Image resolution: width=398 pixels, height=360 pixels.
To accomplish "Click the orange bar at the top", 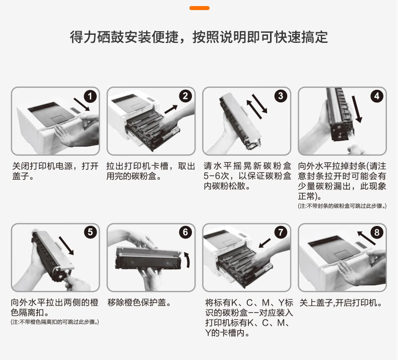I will pos(199,8).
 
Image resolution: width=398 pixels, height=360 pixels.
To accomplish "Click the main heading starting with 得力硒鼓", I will pos(199,37).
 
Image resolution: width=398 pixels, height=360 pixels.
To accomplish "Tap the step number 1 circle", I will pos(89,96).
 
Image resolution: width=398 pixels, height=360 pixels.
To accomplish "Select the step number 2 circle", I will pos(185,96).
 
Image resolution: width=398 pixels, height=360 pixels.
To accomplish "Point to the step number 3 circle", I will pos(281,96).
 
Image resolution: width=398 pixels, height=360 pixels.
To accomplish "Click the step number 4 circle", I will pos(376,96).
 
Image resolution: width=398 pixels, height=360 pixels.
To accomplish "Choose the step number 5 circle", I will pos(89,232).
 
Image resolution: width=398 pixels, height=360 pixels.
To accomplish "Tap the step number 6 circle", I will pos(185,232).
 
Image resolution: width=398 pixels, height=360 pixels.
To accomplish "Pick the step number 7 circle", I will pos(281,232).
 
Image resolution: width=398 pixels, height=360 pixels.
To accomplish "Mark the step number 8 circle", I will pos(376,232).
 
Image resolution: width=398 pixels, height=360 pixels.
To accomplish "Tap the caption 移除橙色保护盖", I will pos(139,303).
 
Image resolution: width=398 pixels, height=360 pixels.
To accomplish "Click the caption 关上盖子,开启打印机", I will pos(341,303).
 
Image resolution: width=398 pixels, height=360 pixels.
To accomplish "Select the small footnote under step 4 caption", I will pos(342,206).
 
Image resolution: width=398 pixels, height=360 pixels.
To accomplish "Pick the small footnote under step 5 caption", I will pos(55,322).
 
